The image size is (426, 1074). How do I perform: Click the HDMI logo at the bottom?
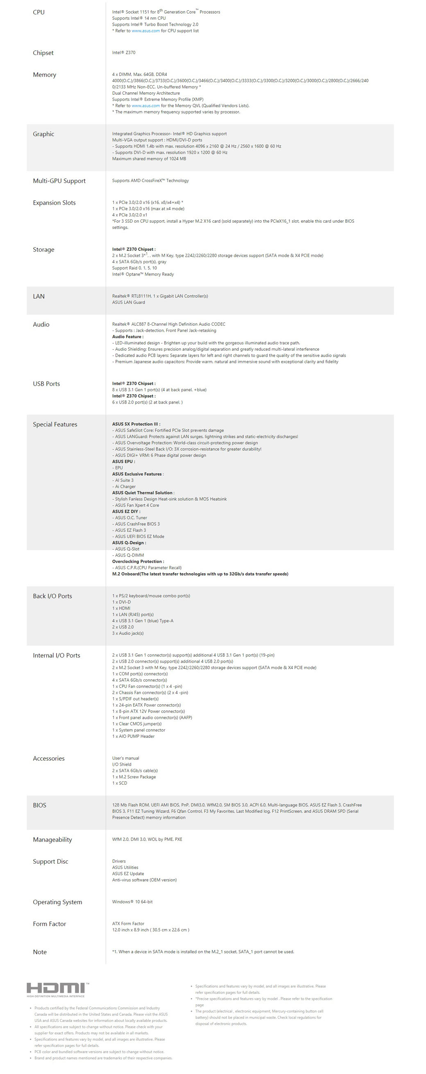tap(57, 989)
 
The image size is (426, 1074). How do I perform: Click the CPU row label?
tap(39, 12)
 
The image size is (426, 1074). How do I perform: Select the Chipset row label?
tap(43, 53)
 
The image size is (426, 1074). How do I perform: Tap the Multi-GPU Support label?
tap(59, 181)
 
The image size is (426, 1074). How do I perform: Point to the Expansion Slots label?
tap(54, 203)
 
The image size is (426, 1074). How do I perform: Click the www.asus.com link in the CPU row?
tap(146, 31)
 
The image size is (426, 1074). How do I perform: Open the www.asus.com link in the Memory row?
tap(146, 106)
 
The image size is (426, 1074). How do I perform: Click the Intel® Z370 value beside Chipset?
tap(124, 53)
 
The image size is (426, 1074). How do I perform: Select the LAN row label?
tap(39, 296)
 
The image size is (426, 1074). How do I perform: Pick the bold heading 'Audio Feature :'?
tap(128, 337)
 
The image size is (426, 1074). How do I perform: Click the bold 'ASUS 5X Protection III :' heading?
tap(136, 424)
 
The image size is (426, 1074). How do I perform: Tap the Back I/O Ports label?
tap(52, 596)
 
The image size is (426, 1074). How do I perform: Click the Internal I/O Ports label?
tap(57, 655)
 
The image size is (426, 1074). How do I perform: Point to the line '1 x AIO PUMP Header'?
tap(133, 737)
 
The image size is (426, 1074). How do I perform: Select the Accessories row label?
tap(49, 758)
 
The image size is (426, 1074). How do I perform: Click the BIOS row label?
tap(40, 805)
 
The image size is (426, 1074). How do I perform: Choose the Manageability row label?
tap(52, 840)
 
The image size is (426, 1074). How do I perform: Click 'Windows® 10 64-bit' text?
tap(132, 902)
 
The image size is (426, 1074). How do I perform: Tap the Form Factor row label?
tap(50, 924)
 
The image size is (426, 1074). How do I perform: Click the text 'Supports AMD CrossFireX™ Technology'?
tap(150, 181)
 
